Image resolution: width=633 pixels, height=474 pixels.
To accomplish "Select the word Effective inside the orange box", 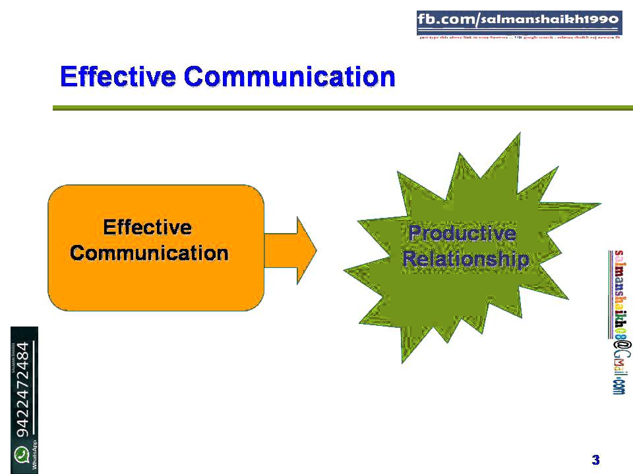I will [148, 228].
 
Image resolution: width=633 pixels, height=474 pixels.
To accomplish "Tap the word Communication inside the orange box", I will [149, 253].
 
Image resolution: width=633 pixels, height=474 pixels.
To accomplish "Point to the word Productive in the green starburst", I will [462, 233].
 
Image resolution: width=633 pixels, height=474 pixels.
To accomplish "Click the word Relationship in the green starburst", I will [465, 259].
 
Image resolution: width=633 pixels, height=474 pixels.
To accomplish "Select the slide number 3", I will [595, 460].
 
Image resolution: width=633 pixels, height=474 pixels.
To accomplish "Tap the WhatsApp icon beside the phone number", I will [23, 454].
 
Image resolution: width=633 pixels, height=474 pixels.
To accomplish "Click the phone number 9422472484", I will [23, 389].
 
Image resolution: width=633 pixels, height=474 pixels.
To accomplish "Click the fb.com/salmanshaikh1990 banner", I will [519, 22].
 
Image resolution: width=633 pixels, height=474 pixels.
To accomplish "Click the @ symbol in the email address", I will [620, 346].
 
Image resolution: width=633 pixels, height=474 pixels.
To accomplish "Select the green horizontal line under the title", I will [343, 107].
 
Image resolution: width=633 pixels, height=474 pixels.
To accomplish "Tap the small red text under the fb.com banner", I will [519, 38].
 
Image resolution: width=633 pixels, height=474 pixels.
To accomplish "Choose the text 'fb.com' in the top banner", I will [445, 20].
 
